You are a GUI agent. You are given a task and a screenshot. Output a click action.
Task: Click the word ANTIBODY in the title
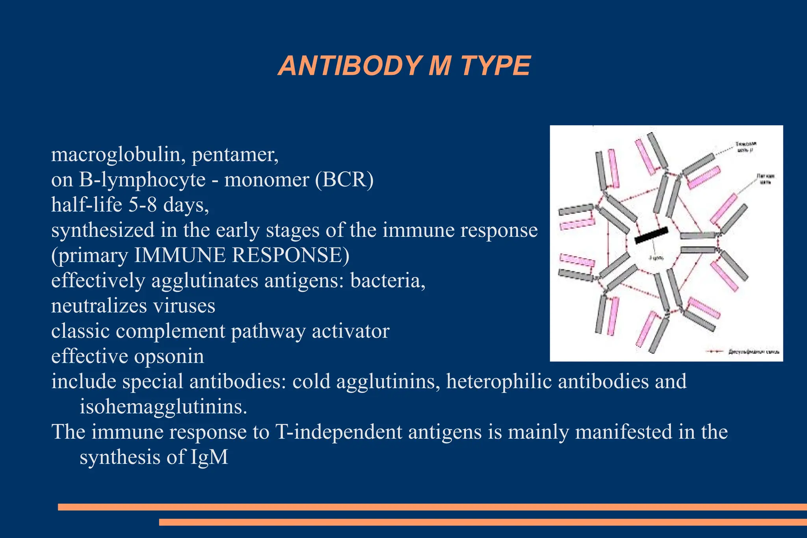click(x=350, y=66)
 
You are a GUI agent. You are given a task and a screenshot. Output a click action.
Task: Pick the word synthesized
click(x=103, y=230)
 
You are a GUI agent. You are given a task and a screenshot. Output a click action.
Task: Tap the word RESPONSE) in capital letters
click(x=290, y=255)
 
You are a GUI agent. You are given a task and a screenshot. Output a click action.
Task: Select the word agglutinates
click(x=205, y=281)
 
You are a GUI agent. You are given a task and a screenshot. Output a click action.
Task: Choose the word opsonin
click(x=169, y=356)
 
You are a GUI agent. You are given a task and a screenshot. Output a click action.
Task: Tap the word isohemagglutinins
click(x=163, y=407)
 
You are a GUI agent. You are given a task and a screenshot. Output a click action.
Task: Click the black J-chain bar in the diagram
click(x=651, y=235)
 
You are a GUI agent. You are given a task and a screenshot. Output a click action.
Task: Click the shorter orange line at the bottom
click(x=483, y=522)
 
